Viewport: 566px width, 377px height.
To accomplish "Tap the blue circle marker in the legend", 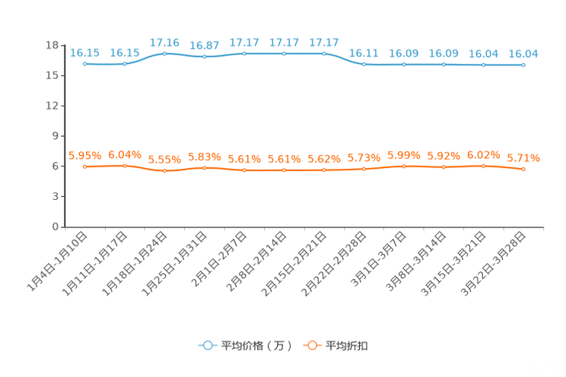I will tap(207, 345).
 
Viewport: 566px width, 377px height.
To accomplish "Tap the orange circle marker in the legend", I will tap(310, 345).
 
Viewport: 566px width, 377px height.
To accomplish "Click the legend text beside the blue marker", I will tap(256, 346).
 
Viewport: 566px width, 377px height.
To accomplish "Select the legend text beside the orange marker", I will tap(347, 346).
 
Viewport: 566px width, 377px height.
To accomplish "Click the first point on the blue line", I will tap(84, 65).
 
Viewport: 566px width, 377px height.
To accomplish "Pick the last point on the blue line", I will tap(523, 65).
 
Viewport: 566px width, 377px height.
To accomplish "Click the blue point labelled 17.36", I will tap(164, 52).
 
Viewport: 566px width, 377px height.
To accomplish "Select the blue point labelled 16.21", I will tap(364, 65).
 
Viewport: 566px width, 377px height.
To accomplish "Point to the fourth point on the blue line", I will tap(204, 56).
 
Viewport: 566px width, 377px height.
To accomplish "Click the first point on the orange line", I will tap(84, 166).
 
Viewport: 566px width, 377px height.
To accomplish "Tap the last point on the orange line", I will tap(523, 169).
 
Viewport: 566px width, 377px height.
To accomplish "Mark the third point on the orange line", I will tap(164, 171).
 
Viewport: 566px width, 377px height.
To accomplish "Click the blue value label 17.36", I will tap(164, 43).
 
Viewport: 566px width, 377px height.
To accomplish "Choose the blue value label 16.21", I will tap(364, 53).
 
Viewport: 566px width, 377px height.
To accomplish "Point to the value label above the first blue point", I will tap(84, 52).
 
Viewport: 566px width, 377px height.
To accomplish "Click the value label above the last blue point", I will tap(523, 54).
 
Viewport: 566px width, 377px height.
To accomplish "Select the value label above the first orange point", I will tap(84, 155).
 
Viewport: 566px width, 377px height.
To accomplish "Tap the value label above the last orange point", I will tap(523, 158).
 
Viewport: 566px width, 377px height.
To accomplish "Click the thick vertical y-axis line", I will tap(65, 135).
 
